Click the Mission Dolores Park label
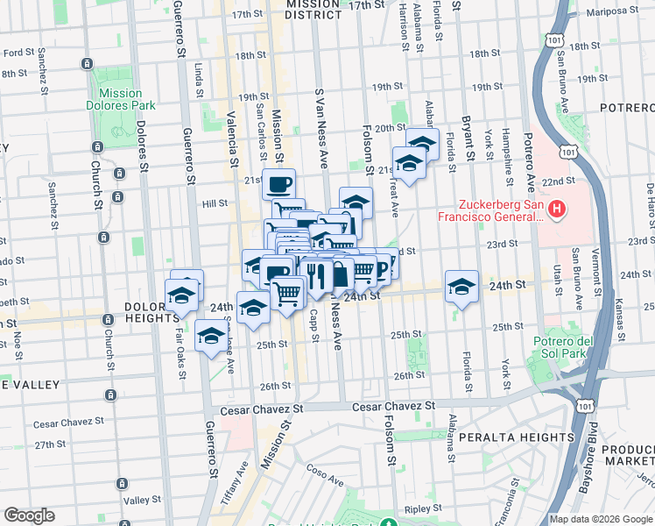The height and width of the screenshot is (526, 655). pyautogui.click(x=121, y=99)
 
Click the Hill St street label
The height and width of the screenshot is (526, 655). pyautogui.click(x=215, y=203)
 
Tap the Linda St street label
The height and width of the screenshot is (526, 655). pyautogui.click(x=200, y=76)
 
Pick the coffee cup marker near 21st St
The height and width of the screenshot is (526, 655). pyautogui.click(x=279, y=185)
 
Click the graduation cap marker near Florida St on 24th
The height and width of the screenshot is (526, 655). pyautogui.click(x=461, y=286)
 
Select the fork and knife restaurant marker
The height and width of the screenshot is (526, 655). pyautogui.click(x=317, y=275)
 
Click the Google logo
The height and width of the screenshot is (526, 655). pyautogui.click(x=29, y=515)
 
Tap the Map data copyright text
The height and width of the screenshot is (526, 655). pyautogui.click(x=600, y=519)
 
